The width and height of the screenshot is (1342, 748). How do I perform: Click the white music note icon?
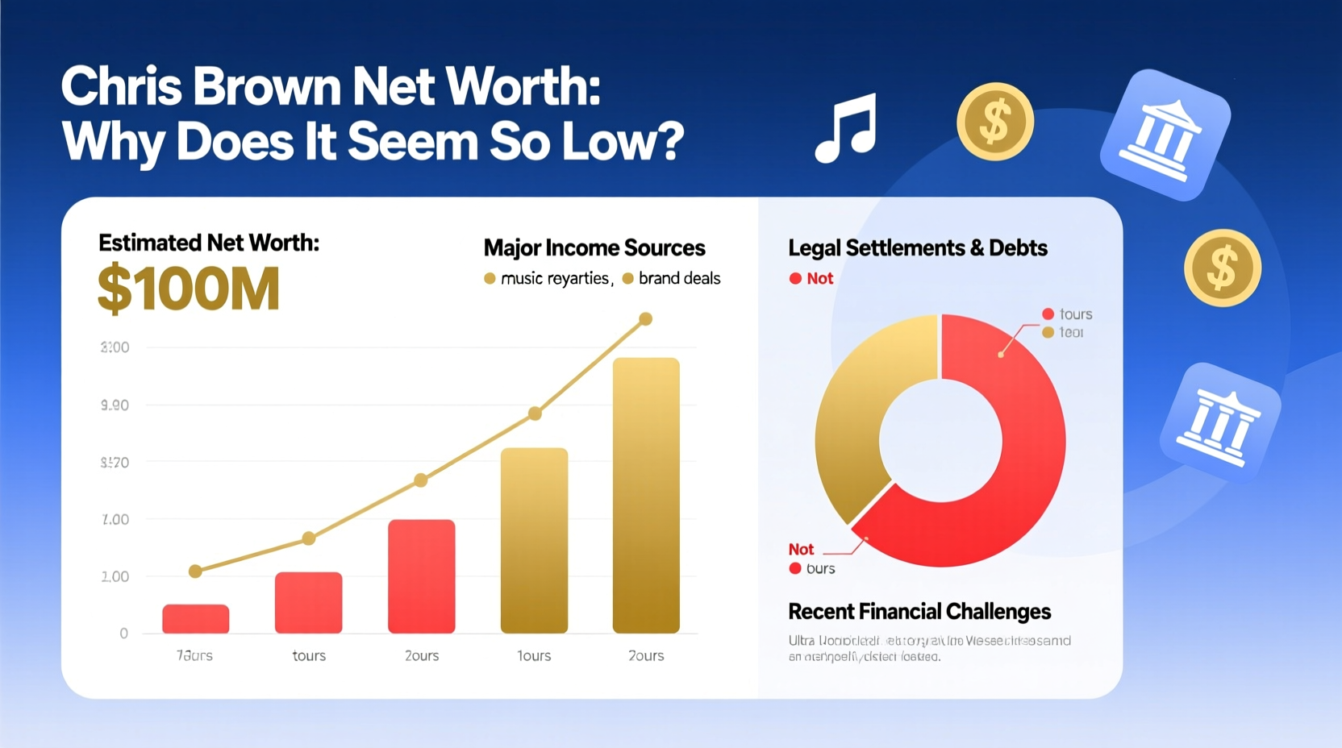pyautogui.click(x=846, y=128)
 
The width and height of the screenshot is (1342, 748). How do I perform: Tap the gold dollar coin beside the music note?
pyautogui.click(x=994, y=122)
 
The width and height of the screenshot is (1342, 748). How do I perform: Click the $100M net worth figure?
pyautogui.click(x=189, y=289)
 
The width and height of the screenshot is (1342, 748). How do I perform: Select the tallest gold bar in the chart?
pyautogui.click(x=646, y=495)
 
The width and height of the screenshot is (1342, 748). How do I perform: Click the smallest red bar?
pyautogui.click(x=196, y=618)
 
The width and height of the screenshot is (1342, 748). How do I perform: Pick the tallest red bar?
pyautogui.click(x=421, y=576)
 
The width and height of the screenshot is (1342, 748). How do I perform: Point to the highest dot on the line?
pyautogui.click(x=645, y=319)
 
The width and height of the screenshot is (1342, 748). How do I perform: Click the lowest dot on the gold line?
pyautogui.click(x=195, y=571)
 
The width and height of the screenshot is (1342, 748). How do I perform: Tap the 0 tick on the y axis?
pyautogui.click(x=123, y=634)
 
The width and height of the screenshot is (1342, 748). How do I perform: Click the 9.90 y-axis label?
pyautogui.click(x=115, y=405)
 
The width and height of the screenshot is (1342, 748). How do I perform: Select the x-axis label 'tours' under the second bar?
pyautogui.click(x=309, y=656)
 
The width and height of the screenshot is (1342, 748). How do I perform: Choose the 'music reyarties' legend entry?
pyautogui.click(x=554, y=279)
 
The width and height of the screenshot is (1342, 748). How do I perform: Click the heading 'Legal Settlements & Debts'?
pyautogui.click(x=917, y=248)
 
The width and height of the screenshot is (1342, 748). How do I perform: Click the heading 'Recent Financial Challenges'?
pyautogui.click(x=919, y=612)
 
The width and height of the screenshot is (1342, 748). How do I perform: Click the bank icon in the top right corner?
pyautogui.click(x=1165, y=135)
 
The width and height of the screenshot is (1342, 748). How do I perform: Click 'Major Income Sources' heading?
pyautogui.click(x=594, y=248)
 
